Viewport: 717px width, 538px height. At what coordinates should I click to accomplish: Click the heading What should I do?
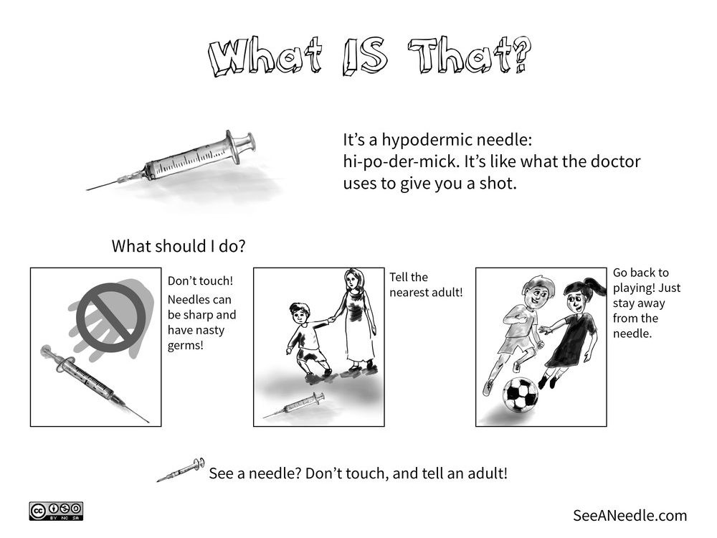(x=179, y=246)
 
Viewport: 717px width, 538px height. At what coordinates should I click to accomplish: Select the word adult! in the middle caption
(x=443, y=293)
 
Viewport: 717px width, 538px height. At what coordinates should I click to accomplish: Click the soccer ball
(x=519, y=395)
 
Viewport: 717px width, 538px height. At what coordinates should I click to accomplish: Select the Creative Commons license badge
(x=57, y=511)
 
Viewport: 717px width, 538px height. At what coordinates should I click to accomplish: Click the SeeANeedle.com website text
(x=630, y=515)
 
